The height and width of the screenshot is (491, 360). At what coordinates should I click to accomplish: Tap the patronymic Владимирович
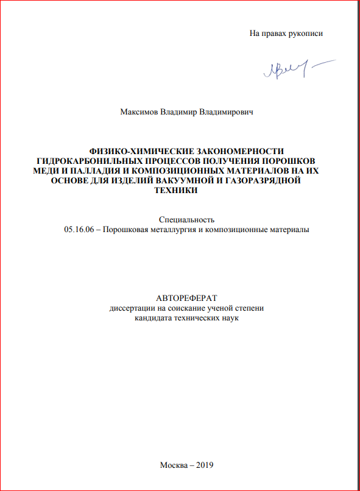(x=227, y=112)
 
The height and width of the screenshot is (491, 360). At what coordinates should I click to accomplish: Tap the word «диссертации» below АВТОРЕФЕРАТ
(x=130, y=308)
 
